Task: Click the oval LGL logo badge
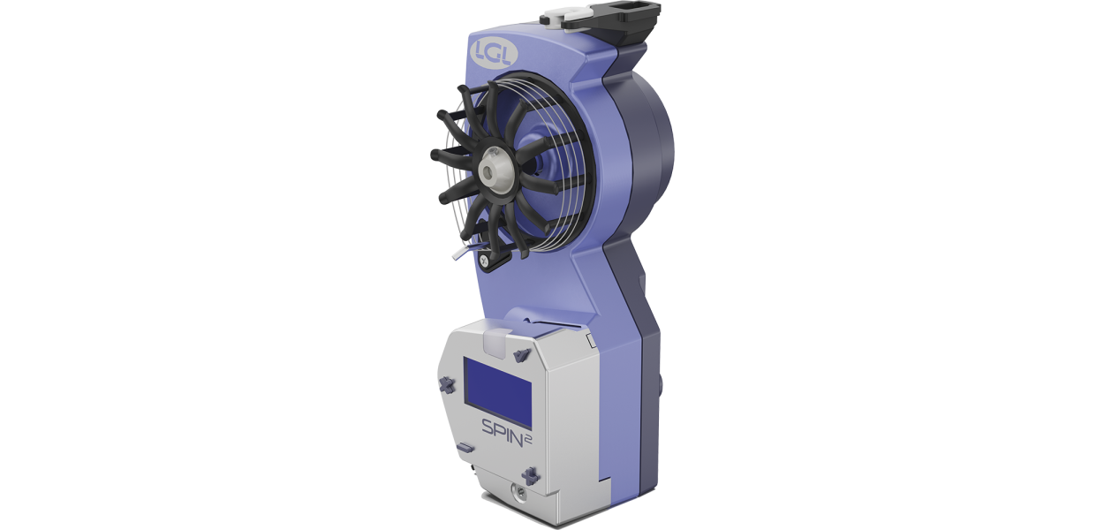494,53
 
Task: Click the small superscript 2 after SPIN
528,440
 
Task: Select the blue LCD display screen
498,392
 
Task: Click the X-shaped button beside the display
446,384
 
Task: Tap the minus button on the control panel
465,448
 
